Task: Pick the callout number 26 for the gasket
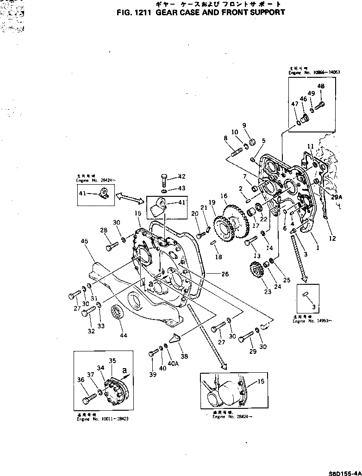coord(225,274)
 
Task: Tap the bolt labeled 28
coord(112,246)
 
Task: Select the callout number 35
coord(112,361)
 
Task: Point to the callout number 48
coord(321,86)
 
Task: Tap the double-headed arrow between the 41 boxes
coord(131,197)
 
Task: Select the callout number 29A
coord(337,197)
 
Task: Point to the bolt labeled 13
coord(250,242)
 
